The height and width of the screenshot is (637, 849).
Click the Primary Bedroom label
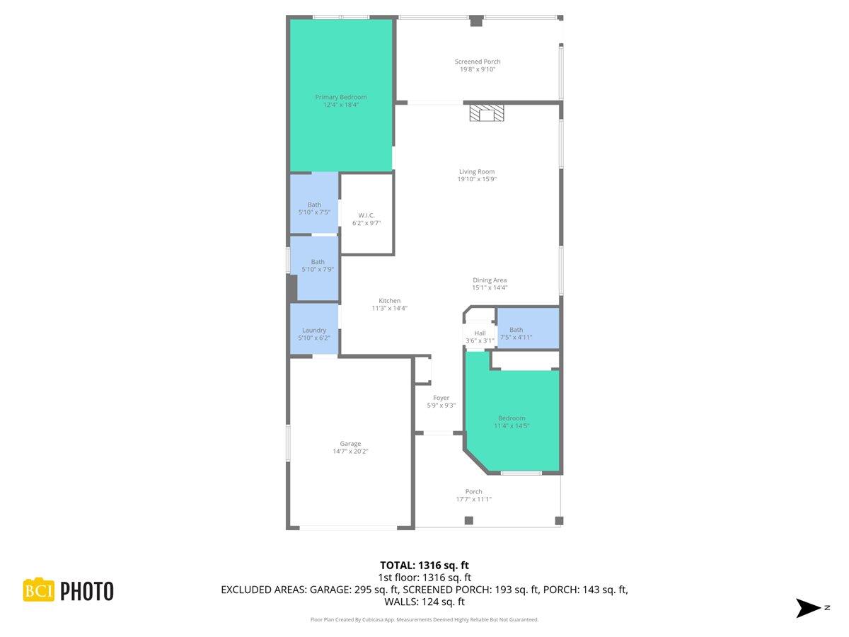341,97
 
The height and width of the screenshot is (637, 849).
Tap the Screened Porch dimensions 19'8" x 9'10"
478,69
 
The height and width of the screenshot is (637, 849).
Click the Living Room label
477,171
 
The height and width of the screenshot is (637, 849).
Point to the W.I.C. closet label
366,215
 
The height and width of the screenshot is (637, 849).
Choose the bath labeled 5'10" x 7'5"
314,209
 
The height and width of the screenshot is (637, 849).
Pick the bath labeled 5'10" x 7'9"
318,265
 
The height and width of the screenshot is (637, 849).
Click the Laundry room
314,333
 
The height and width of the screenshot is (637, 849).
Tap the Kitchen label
389,301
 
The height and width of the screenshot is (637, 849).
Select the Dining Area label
490,280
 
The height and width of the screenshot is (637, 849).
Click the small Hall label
480,333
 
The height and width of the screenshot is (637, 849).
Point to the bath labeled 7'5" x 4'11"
516,333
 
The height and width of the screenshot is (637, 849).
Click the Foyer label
441,398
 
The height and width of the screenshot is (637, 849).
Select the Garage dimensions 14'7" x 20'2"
350,452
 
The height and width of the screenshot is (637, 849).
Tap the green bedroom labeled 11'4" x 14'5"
512,422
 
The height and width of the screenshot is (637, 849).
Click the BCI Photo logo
69,590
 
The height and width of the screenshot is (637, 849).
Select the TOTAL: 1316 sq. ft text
424,565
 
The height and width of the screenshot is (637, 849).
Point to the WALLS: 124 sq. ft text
424,602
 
